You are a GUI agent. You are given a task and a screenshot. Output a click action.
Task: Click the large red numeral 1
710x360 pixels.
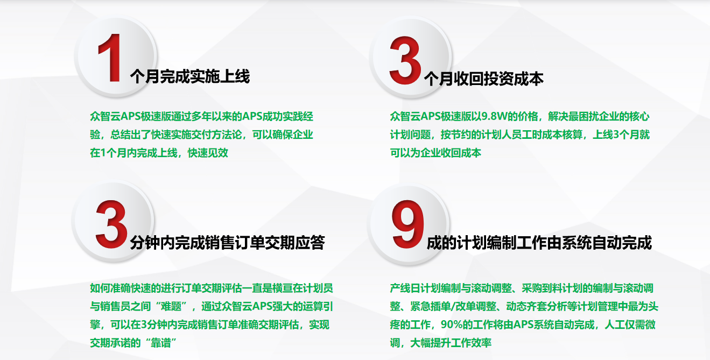[110, 58]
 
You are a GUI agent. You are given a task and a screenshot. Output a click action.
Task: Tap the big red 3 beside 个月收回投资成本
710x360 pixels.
[405, 60]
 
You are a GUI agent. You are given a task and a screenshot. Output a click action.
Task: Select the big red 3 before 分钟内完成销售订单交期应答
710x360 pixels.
[111, 224]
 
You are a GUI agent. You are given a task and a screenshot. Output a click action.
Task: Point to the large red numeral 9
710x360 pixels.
[408, 224]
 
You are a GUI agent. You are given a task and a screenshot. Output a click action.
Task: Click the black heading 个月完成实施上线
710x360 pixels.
[190, 76]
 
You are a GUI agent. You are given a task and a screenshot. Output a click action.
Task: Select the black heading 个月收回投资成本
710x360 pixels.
[484, 79]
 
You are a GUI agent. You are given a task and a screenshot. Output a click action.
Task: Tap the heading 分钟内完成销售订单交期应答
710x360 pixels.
[227, 243]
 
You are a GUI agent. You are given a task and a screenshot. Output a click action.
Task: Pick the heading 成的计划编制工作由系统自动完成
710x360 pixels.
[539, 243]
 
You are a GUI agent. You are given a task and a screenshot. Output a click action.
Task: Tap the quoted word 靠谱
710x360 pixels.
[161, 343]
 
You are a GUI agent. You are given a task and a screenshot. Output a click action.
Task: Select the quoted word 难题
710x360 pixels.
[171, 306]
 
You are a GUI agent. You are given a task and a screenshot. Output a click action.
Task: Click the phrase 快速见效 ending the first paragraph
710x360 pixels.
[208, 153]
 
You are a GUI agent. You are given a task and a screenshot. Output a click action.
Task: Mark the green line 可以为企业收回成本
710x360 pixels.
[435, 153]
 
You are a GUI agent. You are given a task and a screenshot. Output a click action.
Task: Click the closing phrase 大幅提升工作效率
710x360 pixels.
[451, 343]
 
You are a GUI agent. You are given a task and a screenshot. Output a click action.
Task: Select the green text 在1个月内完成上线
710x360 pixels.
[133, 153]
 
